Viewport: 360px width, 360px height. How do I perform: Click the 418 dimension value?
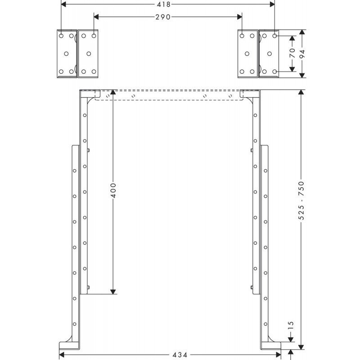pyautogui.click(x=164, y=4)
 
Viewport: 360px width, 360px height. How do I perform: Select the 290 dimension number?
pyautogui.click(x=163, y=17)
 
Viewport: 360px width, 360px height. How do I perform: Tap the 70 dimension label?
pyautogui.click(x=292, y=53)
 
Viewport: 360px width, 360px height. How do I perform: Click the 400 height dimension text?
pyautogui.click(x=113, y=190)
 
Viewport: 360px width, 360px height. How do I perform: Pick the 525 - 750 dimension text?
pyautogui.click(x=301, y=200)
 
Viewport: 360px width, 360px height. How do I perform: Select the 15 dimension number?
pyautogui.click(x=291, y=325)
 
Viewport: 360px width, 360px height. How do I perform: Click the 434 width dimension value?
pyautogui.click(x=180, y=355)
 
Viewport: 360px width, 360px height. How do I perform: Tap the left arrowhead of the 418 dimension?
pyautogui.click(x=63, y=4)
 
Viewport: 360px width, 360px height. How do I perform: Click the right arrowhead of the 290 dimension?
pyautogui.click(x=239, y=17)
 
